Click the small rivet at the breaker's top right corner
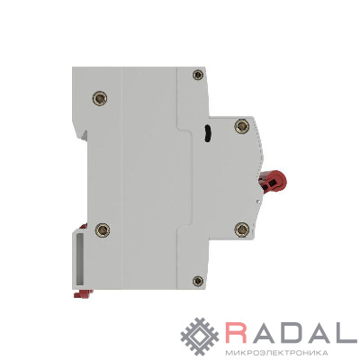point(198,74)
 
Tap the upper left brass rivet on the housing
point(100,98)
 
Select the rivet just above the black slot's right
point(242,126)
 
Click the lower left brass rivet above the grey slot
point(103,229)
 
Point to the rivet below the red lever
point(242,229)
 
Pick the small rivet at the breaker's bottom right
point(198,281)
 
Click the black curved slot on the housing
point(207,133)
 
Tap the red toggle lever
point(273,183)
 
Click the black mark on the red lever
point(273,184)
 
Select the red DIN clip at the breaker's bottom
point(83,293)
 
